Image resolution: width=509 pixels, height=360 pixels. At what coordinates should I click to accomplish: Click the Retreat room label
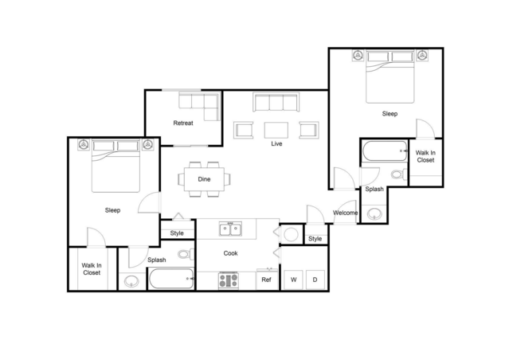tap(184, 123)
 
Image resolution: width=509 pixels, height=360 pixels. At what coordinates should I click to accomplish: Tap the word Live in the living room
tap(276, 144)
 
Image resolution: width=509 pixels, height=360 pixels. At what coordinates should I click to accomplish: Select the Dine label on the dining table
tap(205, 179)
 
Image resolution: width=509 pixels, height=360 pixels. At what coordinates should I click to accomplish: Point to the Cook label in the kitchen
tap(230, 253)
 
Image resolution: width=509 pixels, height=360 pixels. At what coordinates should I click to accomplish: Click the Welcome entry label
tap(345, 213)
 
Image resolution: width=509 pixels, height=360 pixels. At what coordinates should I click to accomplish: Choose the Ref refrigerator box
tap(267, 280)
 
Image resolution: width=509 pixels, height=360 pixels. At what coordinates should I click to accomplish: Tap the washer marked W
tap(293, 280)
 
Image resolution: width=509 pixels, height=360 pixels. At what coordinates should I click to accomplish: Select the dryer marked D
tap(315, 280)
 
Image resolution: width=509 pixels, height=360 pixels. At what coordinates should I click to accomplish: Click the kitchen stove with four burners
tap(229, 280)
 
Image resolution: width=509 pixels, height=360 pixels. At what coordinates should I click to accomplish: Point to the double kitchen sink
tap(231, 230)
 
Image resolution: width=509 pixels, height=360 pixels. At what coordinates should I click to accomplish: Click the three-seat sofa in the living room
tap(275, 103)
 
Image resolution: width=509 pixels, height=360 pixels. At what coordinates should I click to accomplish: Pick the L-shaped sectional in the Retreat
tap(199, 106)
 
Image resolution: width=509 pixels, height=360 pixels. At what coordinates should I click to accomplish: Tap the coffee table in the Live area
tap(276, 129)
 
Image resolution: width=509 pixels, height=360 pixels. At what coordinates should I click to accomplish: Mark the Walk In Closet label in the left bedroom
tap(92, 268)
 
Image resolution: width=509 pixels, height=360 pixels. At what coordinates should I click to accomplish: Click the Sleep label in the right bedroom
tap(390, 114)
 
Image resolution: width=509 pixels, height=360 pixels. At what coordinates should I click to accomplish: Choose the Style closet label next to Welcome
tap(315, 239)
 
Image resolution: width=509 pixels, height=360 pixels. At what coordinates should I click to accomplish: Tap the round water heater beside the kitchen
tap(291, 235)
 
